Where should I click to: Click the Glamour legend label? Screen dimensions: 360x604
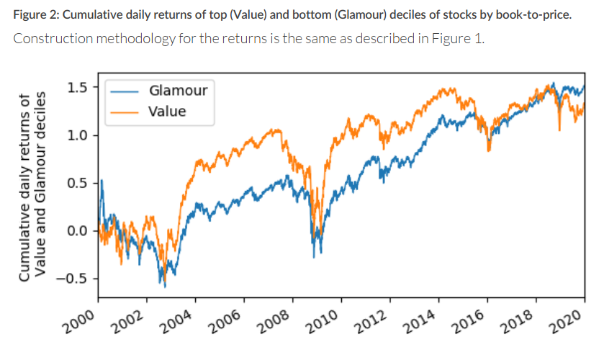[178, 91]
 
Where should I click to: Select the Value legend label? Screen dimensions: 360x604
[167, 111]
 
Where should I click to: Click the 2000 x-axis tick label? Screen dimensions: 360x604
[81, 318]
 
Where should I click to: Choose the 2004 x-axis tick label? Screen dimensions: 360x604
[177, 318]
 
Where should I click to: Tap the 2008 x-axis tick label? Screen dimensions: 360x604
[274, 318]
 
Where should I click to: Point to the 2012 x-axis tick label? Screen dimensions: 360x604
[371, 318]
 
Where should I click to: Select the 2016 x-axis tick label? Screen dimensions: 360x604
[468, 318]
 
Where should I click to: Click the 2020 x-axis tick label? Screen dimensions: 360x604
[565, 318]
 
